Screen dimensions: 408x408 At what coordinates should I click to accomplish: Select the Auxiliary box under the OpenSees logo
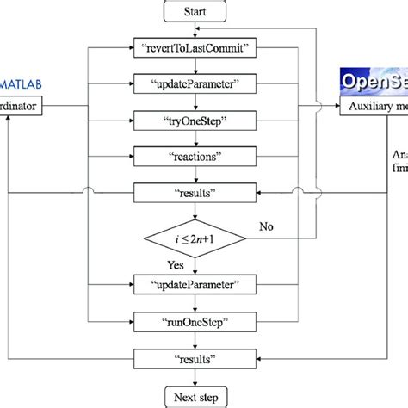371,107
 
